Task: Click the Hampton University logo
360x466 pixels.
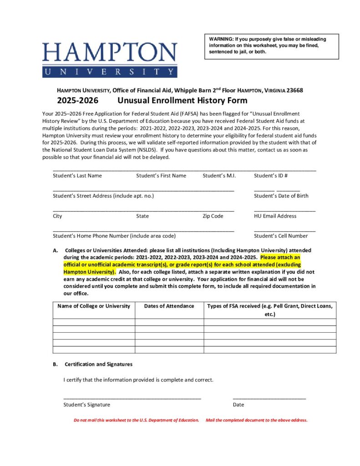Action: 110,59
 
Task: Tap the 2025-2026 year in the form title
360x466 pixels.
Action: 77,101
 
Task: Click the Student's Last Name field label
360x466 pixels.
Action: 77,176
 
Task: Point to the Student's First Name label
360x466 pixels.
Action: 161,176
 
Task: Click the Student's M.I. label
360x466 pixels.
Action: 219,176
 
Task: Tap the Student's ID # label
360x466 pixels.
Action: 270,176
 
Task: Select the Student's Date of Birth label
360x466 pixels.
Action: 281,196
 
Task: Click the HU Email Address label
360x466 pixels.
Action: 275,216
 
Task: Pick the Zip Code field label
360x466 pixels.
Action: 213,216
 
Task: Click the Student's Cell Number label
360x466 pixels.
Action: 281,236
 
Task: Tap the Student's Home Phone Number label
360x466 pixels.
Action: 114,236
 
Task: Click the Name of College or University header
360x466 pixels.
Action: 94,306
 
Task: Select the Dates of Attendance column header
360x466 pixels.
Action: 169,306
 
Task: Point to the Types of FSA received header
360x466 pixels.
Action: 270,306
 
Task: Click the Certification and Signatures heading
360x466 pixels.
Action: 98,364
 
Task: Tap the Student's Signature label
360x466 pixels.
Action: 86,405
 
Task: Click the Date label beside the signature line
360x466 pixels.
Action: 238,405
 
